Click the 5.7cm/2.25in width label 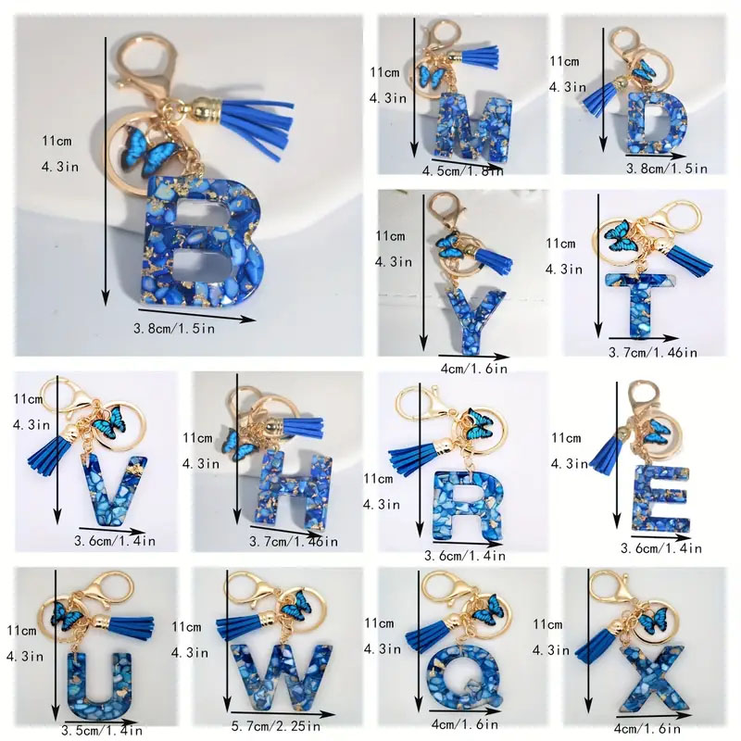click(276, 726)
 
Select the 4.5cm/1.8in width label click(462, 171)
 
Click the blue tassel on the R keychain click(419, 456)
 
